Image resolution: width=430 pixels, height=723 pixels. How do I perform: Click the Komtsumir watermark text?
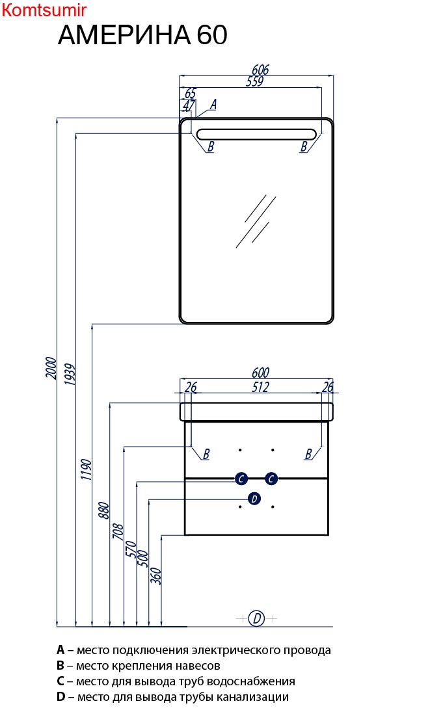(x=44, y=10)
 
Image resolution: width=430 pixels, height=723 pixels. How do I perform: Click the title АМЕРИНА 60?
(x=142, y=35)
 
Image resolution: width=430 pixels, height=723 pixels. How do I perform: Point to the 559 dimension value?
(x=254, y=82)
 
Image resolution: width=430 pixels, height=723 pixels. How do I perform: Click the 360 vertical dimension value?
(x=155, y=575)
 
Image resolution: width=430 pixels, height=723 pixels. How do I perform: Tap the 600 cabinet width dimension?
(x=260, y=373)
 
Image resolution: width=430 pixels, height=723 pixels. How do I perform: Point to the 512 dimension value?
(x=260, y=388)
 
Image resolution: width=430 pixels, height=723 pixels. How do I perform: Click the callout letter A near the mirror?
(x=213, y=104)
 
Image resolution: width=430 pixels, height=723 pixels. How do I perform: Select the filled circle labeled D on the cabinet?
(x=254, y=499)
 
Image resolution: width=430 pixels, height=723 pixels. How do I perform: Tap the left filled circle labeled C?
(x=241, y=479)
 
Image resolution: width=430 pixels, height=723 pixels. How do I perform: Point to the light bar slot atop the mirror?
(x=256, y=135)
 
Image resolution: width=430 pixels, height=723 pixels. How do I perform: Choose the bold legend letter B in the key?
(x=60, y=666)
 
